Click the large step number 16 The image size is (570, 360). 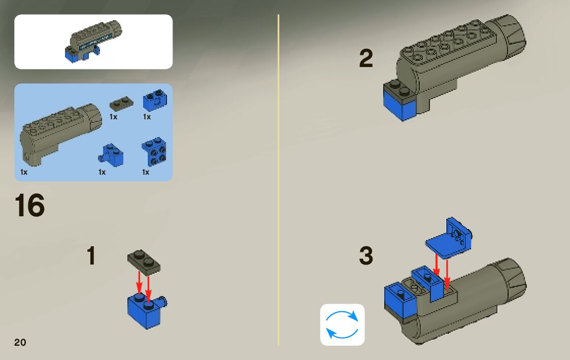click(30, 206)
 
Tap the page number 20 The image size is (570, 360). click(20, 342)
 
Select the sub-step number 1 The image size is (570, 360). click(91, 256)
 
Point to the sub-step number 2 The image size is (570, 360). click(365, 58)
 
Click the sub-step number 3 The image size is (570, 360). click(365, 256)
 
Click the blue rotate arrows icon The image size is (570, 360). click(342, 324)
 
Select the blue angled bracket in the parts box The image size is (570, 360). click(155, 151)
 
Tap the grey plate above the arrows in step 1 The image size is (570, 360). click(144, 260)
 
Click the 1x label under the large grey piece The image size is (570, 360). click(24, 172)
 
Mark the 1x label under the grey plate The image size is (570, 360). click(113, 117)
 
